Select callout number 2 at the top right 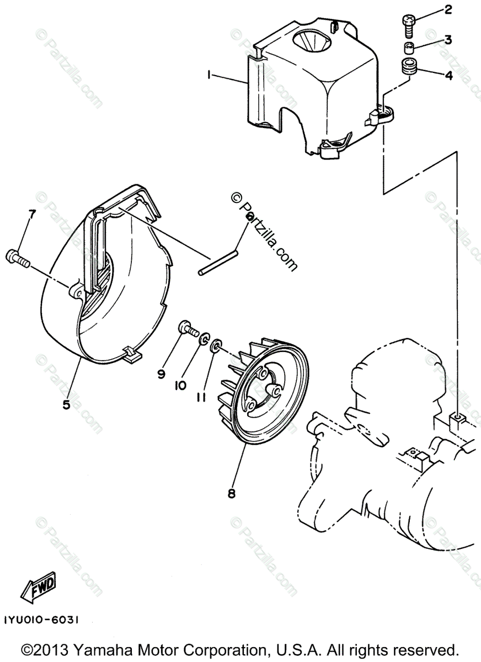pos(447,9)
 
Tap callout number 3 pos(448,39)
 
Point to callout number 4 pos(448,76)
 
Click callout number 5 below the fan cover pos(66,404)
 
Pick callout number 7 pos(31,215)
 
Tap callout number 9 pos(161,374)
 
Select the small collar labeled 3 pos(409,46)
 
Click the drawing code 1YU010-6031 pos(42,620)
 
